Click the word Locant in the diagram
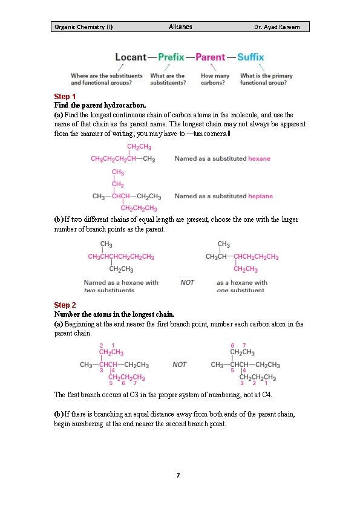pyautogui.click(x=131, y=57)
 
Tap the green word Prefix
pyautogui.click(x=171, y=57)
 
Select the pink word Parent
pyautogui.click(x=210, y=57)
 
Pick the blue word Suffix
pyautogui.click(x=250, y=57)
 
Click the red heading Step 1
pyautogui.click(x=65, y=97)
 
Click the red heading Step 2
pyautogui.click(x=65, y=305)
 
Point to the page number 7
pyautogui.click(x=178, y=476)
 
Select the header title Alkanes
pyautogui.click(x=180, y=27)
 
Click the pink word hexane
pyautogui.click(x=259, y=158)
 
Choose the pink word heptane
pyautogui.click(x=260, y=196)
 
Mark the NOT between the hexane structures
pyautogui.click(x=188, y=282)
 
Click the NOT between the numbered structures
pyautogui.click(x=180, y=365)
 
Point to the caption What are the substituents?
pyautogui.click(x=168, y=79)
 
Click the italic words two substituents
pyautogui.click(x=109, y=290)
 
